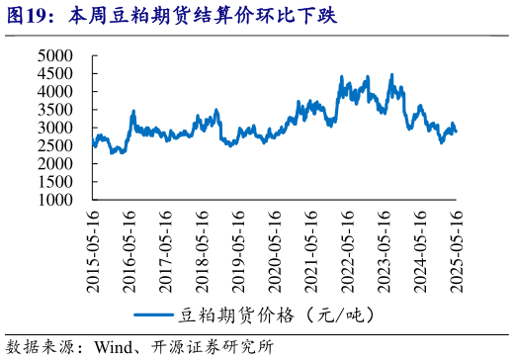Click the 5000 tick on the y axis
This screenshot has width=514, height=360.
tap(55, 56)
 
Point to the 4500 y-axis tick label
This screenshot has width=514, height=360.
tap(55, 74)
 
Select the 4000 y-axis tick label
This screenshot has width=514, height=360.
tap(55, 92)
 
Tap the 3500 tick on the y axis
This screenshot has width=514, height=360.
tap(55, 110)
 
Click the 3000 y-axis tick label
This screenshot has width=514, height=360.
tap(55, 128)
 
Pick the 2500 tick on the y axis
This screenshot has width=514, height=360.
tap(55, 145)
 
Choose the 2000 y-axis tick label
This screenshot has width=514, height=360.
tap(55, 163)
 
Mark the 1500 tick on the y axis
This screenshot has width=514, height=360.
tap(55, 181)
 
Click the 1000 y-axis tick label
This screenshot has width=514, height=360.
tap(55, 199)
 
